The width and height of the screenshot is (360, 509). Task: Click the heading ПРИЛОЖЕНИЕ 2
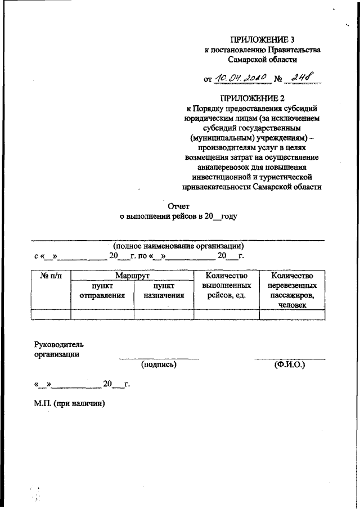[263, 99]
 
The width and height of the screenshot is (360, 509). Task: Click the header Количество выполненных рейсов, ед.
[226, 286]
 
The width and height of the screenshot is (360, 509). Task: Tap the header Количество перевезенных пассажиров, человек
[291, 290]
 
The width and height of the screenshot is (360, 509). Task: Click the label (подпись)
[159, 364]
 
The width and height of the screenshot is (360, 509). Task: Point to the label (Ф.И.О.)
[289, 364]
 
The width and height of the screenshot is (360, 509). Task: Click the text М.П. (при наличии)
[70, 403]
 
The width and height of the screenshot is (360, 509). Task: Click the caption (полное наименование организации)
[178, 246]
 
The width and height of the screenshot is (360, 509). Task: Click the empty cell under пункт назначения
[164, 314]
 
